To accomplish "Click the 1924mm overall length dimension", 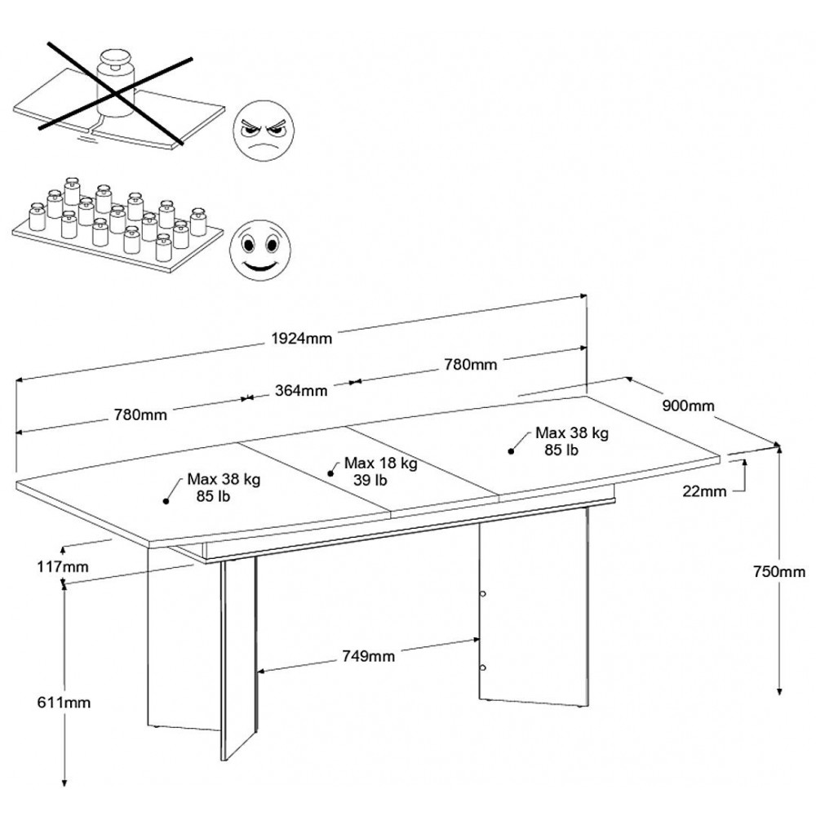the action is coord(302,339).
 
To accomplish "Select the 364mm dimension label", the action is coord(301,390).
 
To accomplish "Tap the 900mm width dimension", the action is coord(688,406).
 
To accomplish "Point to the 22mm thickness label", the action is coord(704,490).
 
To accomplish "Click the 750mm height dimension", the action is coord(779,571).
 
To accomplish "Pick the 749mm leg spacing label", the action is coord(369,656).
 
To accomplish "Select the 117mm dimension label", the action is coord(63,566).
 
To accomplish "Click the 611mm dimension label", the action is coord(64,703).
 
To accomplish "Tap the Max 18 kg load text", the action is coord(381,463).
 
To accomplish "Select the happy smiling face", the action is coord(260,251).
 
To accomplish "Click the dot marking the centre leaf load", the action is coord(330,473).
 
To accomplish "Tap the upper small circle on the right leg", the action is coord(482,593).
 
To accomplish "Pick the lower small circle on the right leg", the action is coord(482,667).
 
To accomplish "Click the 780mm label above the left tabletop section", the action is coord(140,415).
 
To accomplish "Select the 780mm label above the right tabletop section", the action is coord(471,364).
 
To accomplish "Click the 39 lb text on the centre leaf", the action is coord(370,480).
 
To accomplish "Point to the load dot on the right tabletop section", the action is coord(511,451).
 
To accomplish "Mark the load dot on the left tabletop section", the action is coord(166,501).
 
